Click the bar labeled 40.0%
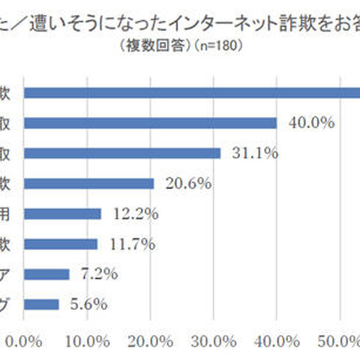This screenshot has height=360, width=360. (x=150, y=123)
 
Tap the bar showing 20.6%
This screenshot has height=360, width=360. (x=89, y=184)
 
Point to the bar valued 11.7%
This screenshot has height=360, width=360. (x=61, y=244)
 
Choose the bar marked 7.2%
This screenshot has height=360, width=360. (x=47, y=274)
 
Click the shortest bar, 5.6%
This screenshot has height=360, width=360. (x=42, y=304)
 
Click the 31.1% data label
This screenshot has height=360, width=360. (x=254, y=153)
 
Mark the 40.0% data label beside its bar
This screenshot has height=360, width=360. (x=310, y=123)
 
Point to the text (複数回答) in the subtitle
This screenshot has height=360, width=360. (x=145, y=45)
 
